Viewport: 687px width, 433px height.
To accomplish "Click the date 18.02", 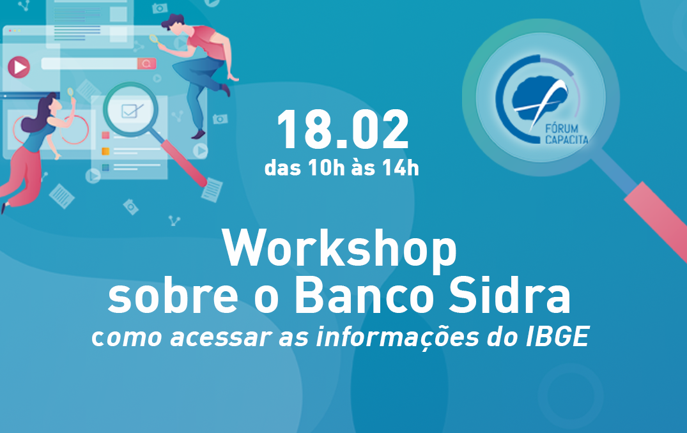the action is (x=343, y=130).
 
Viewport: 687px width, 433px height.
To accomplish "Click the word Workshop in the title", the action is (x=339, y=248).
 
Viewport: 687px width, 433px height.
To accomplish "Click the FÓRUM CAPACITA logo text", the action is (x=566, y=134).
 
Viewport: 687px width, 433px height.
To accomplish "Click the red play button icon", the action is (x=19, y=68).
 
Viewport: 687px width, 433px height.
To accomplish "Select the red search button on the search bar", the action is (x=146, y=63).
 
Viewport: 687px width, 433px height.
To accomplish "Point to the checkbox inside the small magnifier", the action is (x=130, y=111).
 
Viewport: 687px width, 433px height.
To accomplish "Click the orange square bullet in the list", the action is (x=105, y=151).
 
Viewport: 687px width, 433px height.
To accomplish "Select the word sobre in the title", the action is (x=173, y=296).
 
